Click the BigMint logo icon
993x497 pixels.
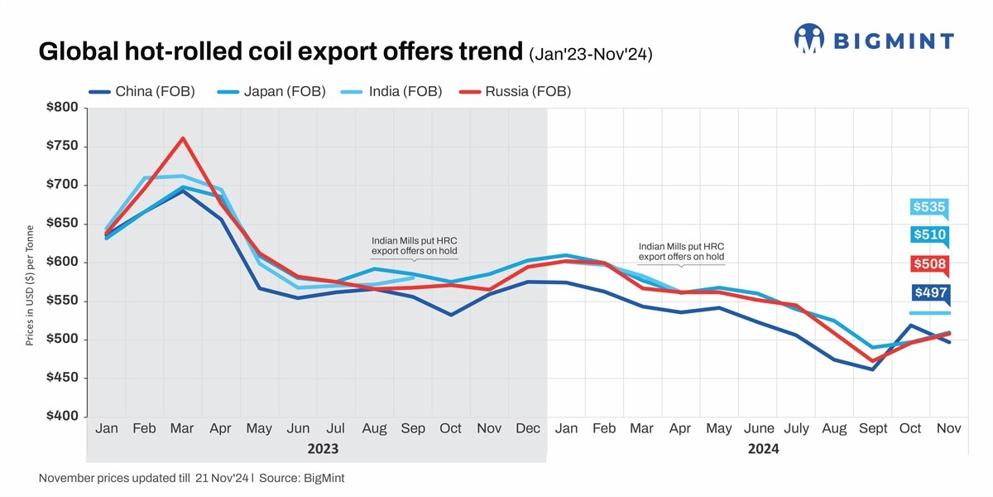point(809,38)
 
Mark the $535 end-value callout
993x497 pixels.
point(929,207)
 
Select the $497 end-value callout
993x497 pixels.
point(929,292)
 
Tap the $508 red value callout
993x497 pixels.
point(929,264)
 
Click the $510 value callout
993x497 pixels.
point(929,235)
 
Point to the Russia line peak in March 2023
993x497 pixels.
point(183,138)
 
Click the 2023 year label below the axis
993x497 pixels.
point(322,449)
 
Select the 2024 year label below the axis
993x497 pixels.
point(764,449)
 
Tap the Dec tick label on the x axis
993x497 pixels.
point(528,428)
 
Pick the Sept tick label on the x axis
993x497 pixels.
point(872,428)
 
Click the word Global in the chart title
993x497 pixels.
point(83,53)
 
